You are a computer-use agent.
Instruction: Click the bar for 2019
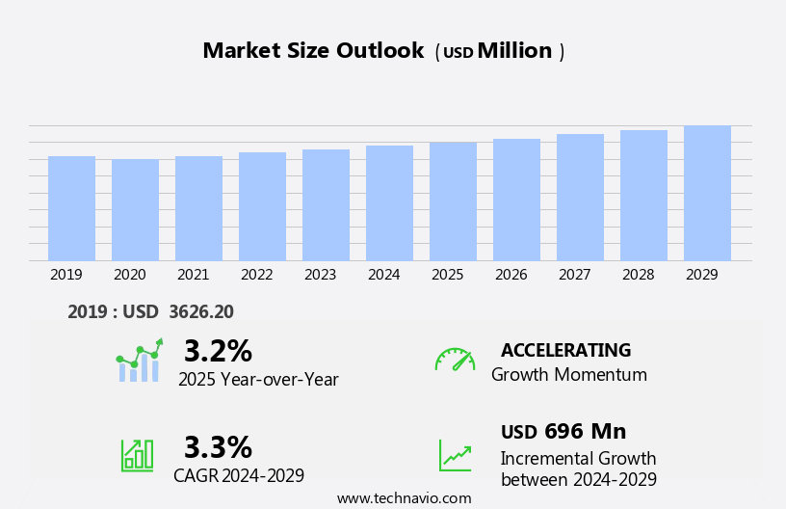tap(71, 208)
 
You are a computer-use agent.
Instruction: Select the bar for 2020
tap(135, 210)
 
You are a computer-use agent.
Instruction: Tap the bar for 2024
tap(389, 203)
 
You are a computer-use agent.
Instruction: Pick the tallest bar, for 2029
tap(707, 193)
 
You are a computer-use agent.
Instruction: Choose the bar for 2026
tap(516, 200)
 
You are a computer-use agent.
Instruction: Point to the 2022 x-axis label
tap(256, 275)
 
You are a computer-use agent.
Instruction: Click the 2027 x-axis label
tap(574, 275)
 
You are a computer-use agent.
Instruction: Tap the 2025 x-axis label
tap(447, 275)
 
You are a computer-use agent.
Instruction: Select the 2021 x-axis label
tap(193, 275)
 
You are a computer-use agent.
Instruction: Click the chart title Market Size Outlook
tap(313, 51)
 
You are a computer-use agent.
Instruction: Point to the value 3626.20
tap(200, 311)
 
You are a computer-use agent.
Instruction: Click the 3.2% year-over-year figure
tap(218, 351)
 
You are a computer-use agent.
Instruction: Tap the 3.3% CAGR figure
tap(218, 447)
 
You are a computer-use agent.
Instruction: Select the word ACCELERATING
tap(565, 350)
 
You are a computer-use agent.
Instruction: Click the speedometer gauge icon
tap(455, 360)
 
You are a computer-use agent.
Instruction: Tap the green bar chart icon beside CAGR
tap(137, 454)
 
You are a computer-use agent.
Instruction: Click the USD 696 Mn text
tap(563, 431)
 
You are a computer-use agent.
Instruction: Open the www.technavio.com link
tap(404, 498)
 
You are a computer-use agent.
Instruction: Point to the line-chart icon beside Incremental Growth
tap(455, 455)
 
